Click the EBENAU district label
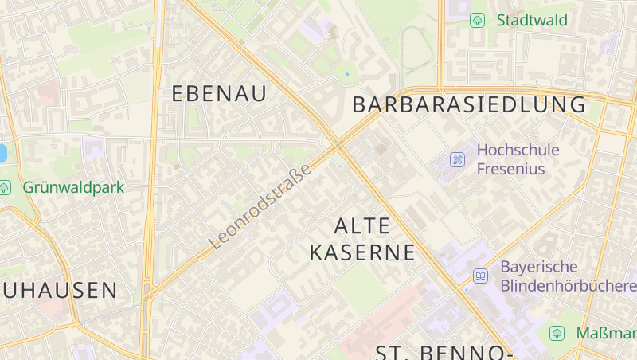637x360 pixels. [219, 93]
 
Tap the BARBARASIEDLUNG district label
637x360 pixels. [468, 104]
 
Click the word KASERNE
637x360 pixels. [362, 253]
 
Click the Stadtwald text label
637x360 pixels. [532, 20]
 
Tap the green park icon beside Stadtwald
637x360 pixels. [478, 20]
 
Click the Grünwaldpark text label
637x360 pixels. [73, 187]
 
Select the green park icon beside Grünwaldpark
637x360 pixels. [5, 187]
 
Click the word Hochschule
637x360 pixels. [518, 150]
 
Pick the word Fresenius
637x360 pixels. [510, 168]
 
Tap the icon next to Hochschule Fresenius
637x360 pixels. [457, 159]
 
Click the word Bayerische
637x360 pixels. [538, 267]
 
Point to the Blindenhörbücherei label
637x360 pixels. [567, 285]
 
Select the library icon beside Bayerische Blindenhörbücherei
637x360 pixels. [480, 276]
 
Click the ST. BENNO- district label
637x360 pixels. [443, 352]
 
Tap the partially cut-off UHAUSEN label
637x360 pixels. [59, 290]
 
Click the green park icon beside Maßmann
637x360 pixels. [557, 332]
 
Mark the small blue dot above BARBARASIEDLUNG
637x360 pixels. [347, 74]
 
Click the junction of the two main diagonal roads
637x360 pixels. [338, 145]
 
